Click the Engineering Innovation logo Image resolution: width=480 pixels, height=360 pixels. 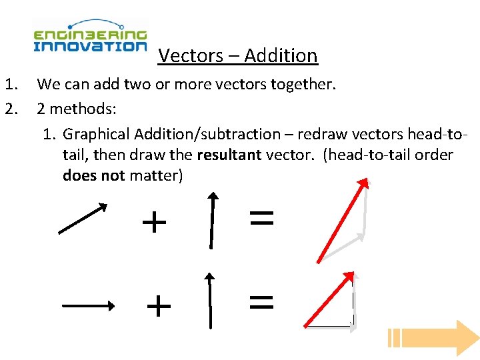tap(90, 37)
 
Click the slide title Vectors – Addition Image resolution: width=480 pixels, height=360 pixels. tap(238, 55)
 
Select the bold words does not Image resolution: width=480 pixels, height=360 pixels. tap(93, 176)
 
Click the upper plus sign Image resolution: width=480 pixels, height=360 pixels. tap(154, 222)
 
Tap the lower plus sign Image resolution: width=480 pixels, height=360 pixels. tap(159, 307)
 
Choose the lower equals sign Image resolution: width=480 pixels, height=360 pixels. tap(261, 303)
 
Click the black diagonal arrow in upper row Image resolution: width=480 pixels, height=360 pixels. tap(83, 219)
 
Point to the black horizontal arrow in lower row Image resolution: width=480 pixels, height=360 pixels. tap(88, 306)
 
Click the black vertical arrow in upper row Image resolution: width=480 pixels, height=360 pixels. tap(212, 220)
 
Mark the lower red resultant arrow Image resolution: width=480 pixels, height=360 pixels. tap(328, 299)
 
